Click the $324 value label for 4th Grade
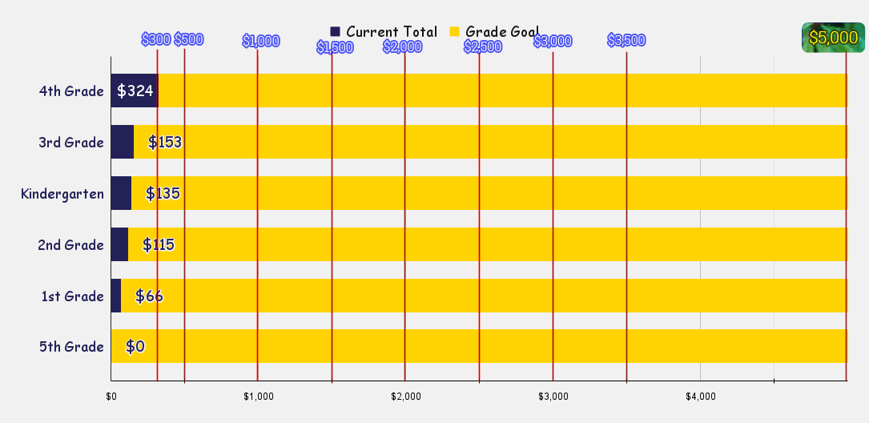(135, 91)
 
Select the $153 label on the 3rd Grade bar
(165, 142)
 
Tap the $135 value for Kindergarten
(163, 193)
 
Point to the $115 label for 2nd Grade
(159, 244)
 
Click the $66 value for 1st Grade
(149, 296)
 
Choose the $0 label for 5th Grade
(135, 346)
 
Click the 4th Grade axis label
(71, 91)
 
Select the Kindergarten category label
(62, 193)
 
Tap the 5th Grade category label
(71, 346)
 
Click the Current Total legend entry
(384, 32)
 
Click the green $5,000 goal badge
(833, 38)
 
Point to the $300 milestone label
(156, 39)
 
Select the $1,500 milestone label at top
(335, 47)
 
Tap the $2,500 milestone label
(483, 46)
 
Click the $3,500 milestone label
(626, 40)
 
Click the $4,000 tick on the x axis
(701, 396)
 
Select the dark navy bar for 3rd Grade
(123, 142)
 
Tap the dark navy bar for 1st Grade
(116, 296)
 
